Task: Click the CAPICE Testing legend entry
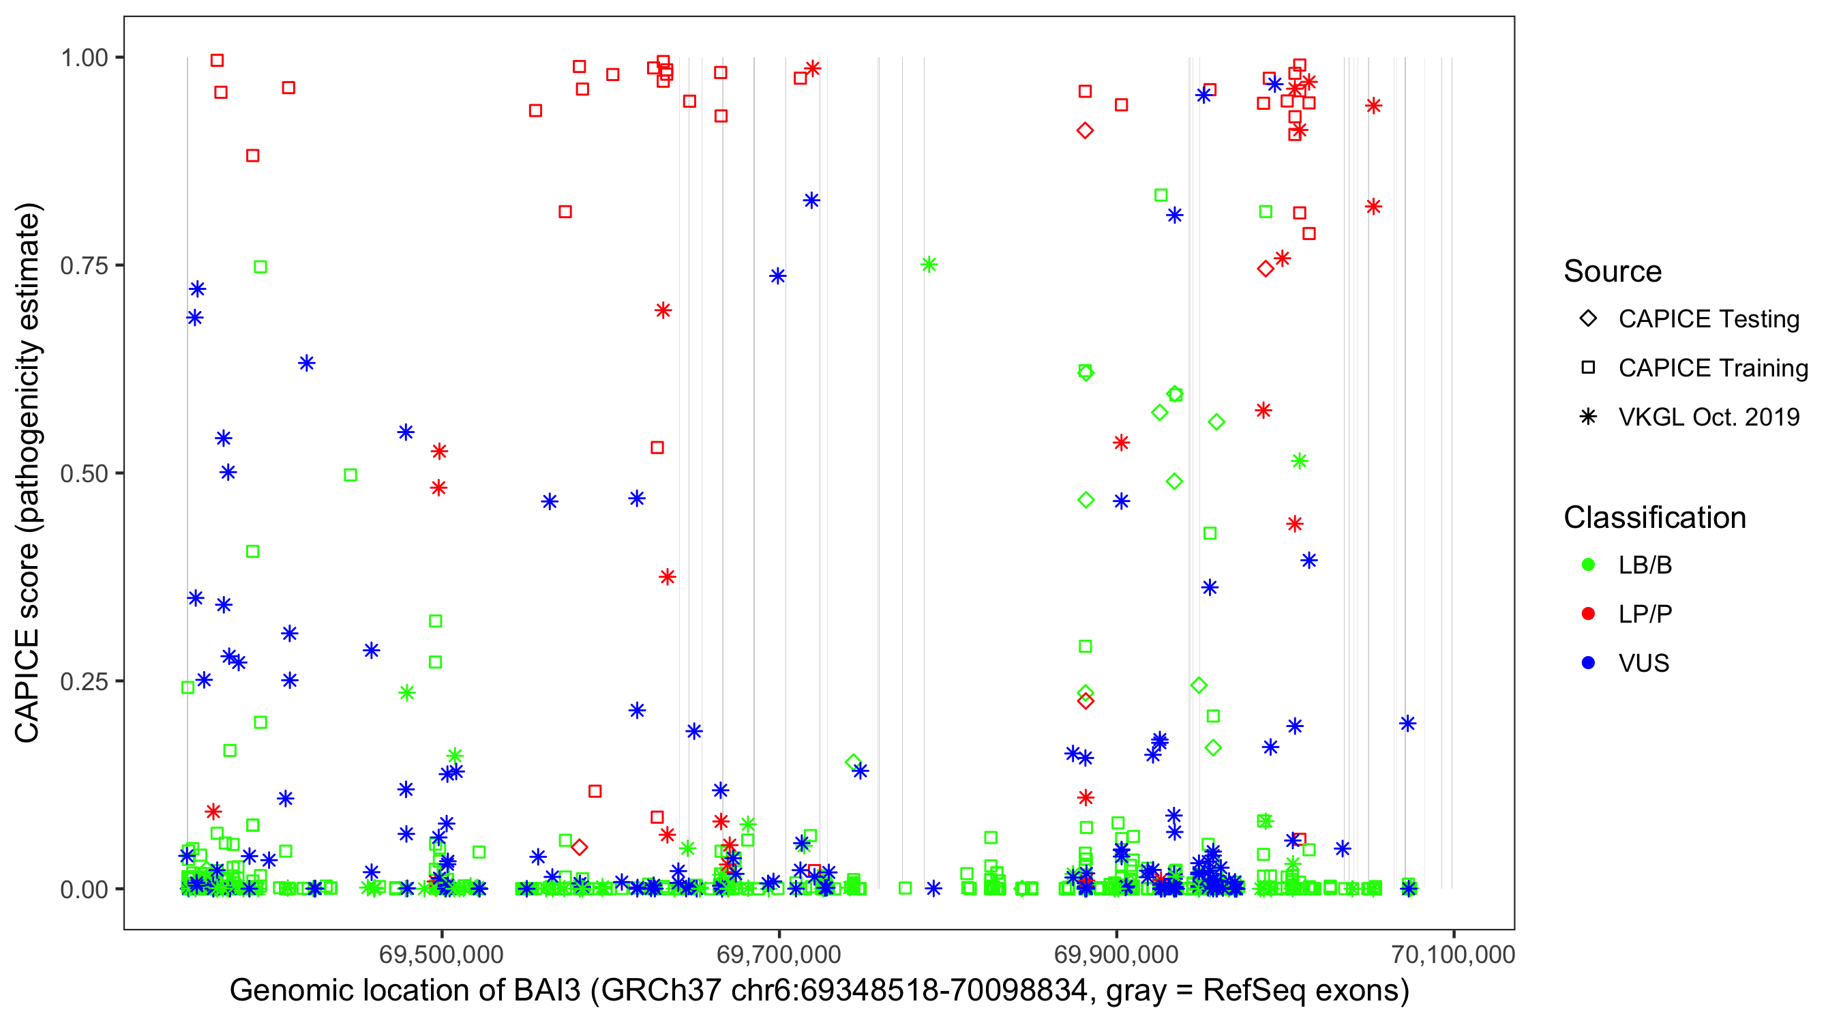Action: (1708, 319)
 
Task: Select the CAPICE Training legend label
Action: (1712, 368)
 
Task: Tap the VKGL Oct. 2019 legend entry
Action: (1708, 417)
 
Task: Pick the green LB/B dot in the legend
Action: (1588, 565)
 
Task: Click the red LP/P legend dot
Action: (1588, 614)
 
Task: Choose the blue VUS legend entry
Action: (1588, 663)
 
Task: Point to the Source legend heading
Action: (1613, 271)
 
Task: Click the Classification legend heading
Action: (1654, 518)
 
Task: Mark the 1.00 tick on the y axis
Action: (84, 57)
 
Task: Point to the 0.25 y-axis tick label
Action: (84, 681)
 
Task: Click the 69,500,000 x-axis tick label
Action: (441, 954)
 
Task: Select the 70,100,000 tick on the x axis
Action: (1453, 954)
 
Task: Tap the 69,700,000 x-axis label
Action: (778, 954)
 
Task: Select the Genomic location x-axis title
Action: (819, 991)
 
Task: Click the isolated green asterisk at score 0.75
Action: (929, 265)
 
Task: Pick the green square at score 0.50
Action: (350, 475)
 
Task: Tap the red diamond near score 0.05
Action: (580, 847)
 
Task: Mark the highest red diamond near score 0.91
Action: (1085, 131)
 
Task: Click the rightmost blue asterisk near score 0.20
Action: (1407, 724)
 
